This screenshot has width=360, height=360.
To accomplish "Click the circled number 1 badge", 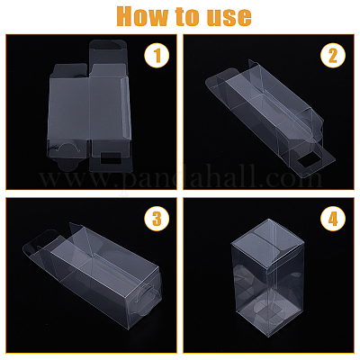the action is [157, 55].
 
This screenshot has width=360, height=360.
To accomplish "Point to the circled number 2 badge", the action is [333, 55].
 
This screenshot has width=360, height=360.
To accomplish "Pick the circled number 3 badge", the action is [157, 219].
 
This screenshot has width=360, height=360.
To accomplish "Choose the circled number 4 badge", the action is [333, 219].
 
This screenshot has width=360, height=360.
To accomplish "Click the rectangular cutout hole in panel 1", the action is [111, 157].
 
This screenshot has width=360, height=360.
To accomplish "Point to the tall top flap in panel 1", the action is [110, 51].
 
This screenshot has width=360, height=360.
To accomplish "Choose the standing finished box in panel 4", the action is [266, 278].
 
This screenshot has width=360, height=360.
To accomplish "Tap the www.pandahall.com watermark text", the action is [180, 179].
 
